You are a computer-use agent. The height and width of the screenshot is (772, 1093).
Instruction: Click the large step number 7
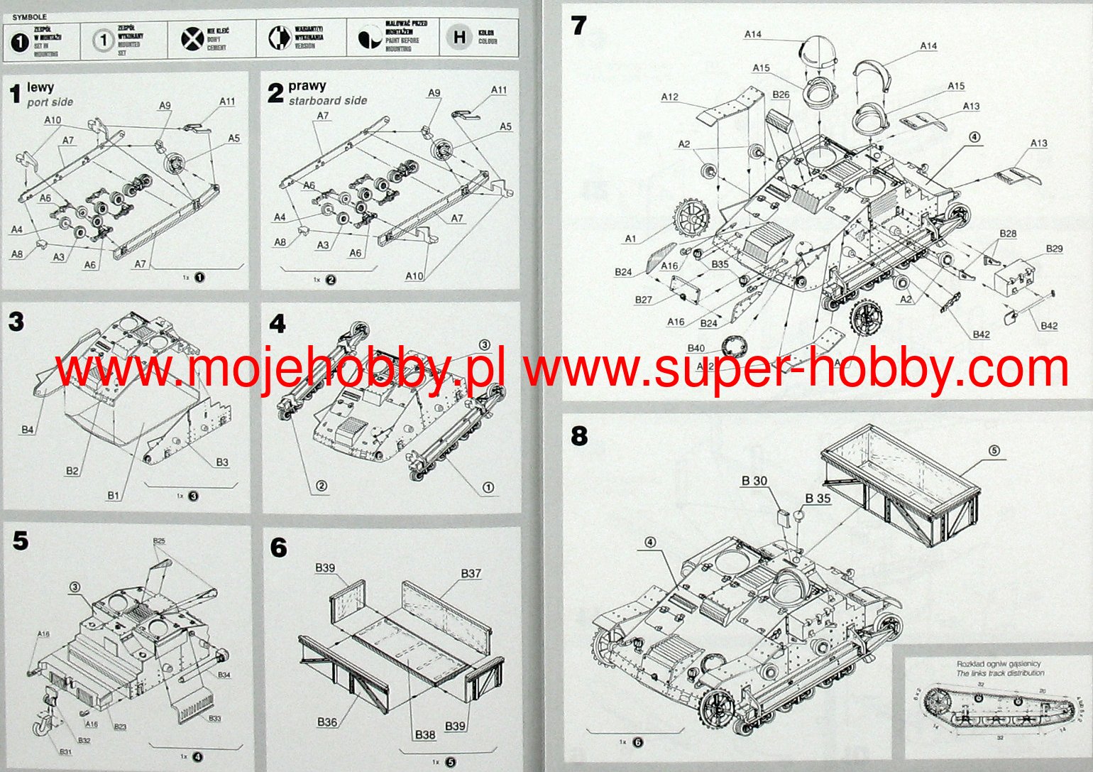point(579,26)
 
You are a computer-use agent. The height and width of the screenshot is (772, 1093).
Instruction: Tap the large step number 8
point(579,435)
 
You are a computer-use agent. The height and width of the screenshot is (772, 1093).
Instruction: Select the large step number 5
point(21,541)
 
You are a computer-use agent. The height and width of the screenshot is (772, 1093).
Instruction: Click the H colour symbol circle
point(460,38)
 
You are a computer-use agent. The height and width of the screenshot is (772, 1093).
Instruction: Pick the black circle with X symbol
point(192,38)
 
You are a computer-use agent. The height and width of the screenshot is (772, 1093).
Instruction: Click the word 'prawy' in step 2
point(307,87)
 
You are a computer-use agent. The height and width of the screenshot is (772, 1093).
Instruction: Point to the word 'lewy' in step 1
point(40,87)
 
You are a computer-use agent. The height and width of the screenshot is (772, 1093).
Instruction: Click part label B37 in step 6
point(471,574)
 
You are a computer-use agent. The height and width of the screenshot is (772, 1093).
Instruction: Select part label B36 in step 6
point(327,722)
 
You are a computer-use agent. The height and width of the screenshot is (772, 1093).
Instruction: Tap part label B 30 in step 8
point(754,481)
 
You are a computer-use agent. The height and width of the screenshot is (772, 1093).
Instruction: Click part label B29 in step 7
point(1055,249)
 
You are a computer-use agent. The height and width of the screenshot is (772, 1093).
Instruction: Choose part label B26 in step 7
point(781,94)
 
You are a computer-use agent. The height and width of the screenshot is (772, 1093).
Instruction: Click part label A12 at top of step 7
point(669,97)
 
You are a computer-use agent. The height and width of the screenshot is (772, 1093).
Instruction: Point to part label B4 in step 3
point(28,430)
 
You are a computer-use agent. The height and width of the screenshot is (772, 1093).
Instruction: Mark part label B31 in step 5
point(65,752)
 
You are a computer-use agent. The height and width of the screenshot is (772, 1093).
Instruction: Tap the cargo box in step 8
point(901,476)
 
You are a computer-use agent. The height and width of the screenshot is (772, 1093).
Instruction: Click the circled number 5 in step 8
point(994,450)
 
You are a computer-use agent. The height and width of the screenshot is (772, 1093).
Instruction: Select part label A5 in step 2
point(505,127)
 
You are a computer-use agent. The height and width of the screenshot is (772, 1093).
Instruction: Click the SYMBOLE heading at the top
point(30,16)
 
